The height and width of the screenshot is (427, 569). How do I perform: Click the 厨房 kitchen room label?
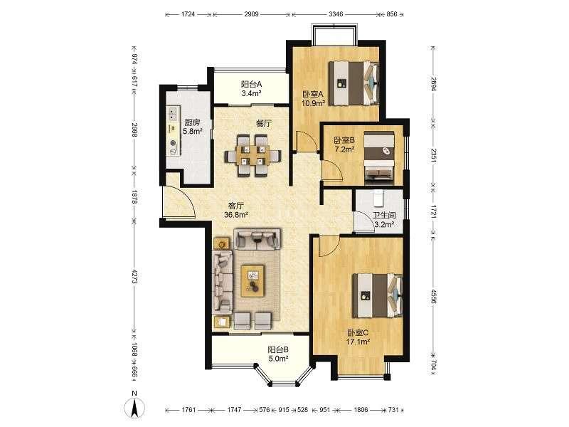pos(192,122)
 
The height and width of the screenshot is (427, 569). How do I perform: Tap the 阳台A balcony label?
pos(252,84)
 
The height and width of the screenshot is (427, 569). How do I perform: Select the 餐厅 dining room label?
pos(264,123)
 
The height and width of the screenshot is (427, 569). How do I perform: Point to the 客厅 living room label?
pos(236,206)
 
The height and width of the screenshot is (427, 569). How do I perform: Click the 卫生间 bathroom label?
pos(384,216)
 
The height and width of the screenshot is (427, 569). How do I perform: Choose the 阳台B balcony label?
pos(278,349)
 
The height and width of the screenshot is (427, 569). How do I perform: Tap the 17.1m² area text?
pos(358,342)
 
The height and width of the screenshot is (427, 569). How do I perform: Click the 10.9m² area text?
pos(313,103)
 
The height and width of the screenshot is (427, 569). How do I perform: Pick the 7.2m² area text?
pos(344,149)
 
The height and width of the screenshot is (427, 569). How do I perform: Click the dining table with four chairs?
pos(253,156)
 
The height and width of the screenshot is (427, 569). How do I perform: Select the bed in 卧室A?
pos(353,83)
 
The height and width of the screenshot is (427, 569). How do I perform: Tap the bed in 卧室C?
pos(378,295)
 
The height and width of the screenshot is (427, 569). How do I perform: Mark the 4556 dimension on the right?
pos(432,295)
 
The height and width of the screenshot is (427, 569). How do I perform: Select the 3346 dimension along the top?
pos(336,14)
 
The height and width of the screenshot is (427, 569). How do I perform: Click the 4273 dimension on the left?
pos(134,276)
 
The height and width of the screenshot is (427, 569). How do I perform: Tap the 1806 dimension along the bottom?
pos(361,410)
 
